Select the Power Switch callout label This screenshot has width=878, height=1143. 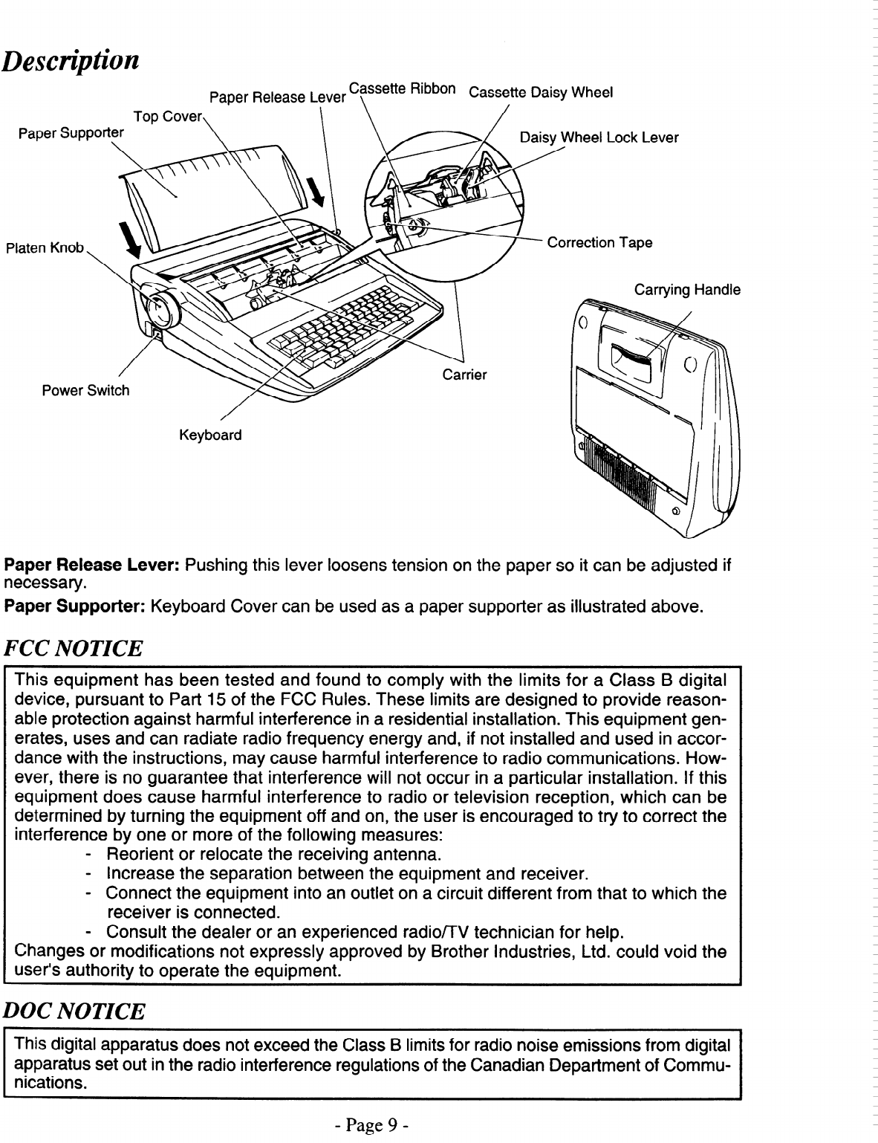(x=85, y=391)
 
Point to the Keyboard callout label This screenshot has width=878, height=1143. (x=210, y=435)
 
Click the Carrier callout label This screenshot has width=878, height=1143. (x=464, y=375)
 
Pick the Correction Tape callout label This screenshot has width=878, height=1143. (x=599, y=243)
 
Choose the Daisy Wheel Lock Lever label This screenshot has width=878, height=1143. (x=599, y=138)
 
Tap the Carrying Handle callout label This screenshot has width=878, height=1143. (x=687, y=290)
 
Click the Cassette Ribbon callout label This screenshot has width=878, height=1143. (x=402, y=89)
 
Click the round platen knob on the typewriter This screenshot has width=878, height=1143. (x=161, y=308)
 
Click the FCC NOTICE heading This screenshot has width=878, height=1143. (x=74, y=649)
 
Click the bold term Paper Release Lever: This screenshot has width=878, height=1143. (x=92, y=566)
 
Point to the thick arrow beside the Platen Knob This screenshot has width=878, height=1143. (x=133, y=237)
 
